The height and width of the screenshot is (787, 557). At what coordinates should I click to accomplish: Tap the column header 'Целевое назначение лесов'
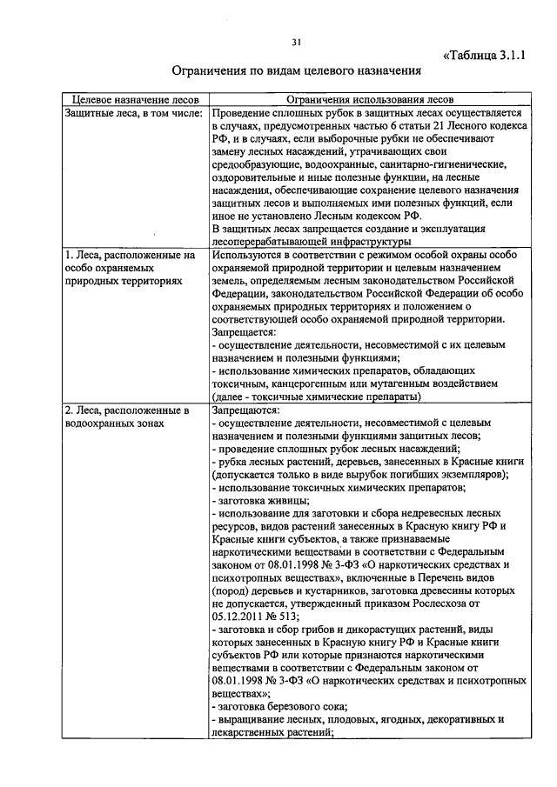(x=135, y=100)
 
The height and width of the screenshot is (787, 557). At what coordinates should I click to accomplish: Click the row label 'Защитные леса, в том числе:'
(x=134, y=113)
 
